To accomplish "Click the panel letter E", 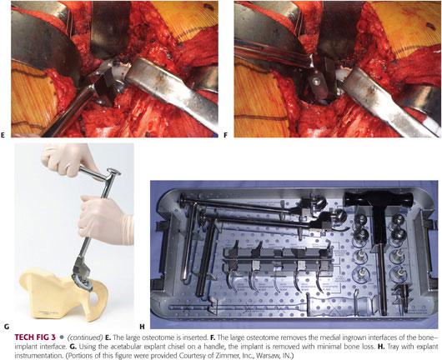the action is tap(3, 135).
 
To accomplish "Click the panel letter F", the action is tap(225, 135).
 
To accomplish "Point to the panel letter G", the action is tap(7, 327).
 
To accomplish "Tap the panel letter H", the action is tap(142, 327).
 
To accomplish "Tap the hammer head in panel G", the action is tap(113, 172).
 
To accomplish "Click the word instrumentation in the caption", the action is tap(35, 356).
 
